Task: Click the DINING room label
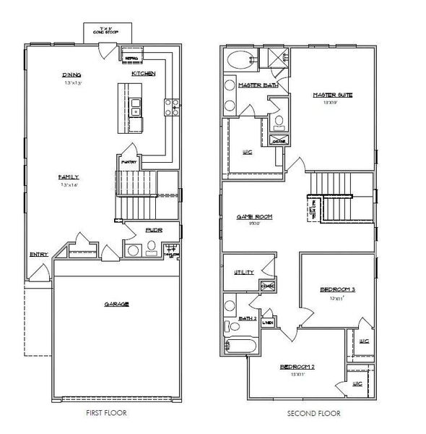(71, 75)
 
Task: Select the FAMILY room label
(69, 177)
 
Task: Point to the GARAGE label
(116, 305)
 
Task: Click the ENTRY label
(38, 255)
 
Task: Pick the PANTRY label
(129, 162)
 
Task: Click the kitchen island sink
(136, 103)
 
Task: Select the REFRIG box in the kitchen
(132, 57)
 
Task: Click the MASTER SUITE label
(332, 95)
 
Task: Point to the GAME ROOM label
(254, 216)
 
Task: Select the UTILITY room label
(243, 272)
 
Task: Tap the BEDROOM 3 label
(337, 290)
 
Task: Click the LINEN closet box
(267, 323)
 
